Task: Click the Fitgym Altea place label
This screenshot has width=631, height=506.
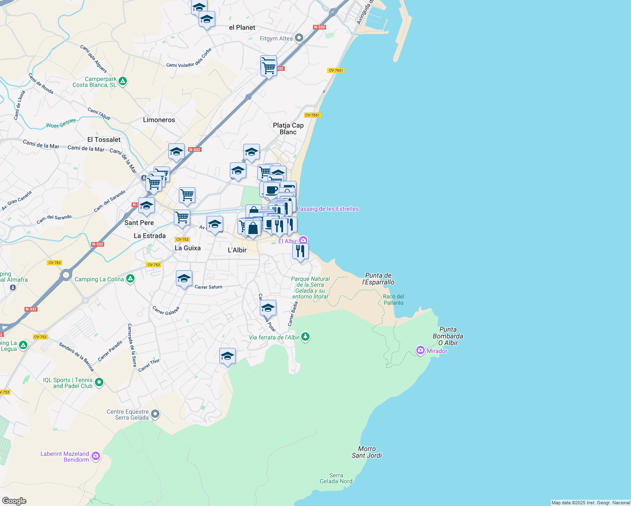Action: coord(276,38)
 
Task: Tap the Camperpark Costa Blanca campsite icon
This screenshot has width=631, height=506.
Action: coord(123,81)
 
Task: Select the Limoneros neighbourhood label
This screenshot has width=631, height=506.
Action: coord(159,120)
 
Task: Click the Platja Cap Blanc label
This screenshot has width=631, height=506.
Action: coord(288,129)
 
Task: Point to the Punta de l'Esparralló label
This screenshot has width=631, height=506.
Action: coord(378,279)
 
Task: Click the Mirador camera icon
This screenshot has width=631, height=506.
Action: coord(420,350)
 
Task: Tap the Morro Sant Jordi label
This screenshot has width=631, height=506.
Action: coord(367,452)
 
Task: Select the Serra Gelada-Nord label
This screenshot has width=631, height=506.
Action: coord(336,478)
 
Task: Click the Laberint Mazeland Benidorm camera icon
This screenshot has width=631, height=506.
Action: coord(96,455)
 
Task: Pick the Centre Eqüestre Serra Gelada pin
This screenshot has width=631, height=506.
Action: coord(155,414)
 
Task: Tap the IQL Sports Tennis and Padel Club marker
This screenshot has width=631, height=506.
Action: coord(99,382)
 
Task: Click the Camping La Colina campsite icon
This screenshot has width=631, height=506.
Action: coord(130,278)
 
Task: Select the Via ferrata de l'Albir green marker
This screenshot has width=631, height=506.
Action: coord(306,336)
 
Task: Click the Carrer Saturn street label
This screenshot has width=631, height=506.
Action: coord(208,287)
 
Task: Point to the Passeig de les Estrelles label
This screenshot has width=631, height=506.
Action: coord(328,209)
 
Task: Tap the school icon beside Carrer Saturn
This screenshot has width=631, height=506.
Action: coord(184,279)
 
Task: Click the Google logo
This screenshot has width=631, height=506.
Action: coord(14,501)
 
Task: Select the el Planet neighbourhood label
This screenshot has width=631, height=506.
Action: coord(242,27)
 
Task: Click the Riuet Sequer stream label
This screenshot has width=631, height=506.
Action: coord(61,124)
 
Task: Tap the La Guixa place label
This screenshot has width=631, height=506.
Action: coord(188,248)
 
